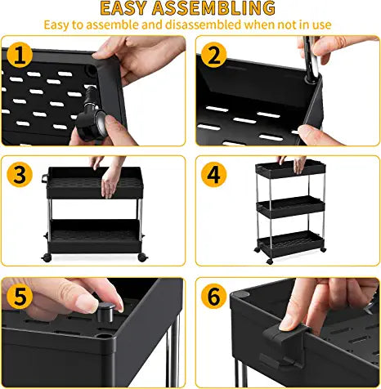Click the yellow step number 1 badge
coord(20,56)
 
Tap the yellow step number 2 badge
coord(214,56)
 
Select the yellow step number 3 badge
coord(20,174)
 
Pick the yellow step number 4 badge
coord(214,174)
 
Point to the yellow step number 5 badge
coord(20,296)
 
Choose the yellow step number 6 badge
coord(214,296)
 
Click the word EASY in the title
coord(123,8)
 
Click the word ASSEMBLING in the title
coord(213,8)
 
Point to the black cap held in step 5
coord(105,312)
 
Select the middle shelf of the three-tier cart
coord(290,207)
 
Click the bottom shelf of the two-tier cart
coord(94,236)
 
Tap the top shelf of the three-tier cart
coord(290,169)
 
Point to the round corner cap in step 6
coord(240,294)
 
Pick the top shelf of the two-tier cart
coord(95,182)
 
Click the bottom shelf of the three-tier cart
coord(290,244)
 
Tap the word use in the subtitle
coord(321,25)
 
